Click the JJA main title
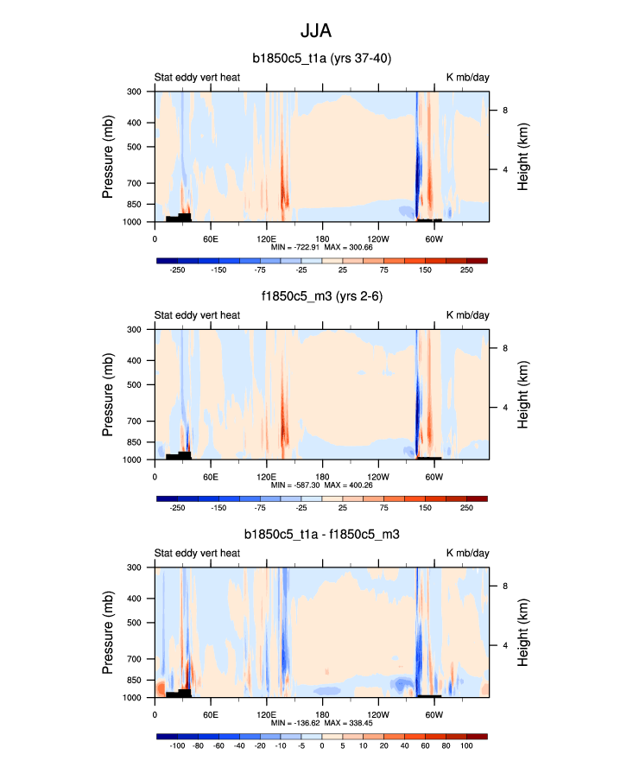click(x=316, y=31)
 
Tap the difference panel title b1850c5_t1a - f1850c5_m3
click(x=321, y=536)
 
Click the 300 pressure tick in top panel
click(x=134, y=92)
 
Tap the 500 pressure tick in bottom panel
click(x=134, y=623)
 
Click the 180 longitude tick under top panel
click(x=322, y=238)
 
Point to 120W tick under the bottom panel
click(x=377, y=714)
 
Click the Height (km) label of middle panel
click(x=523, y=394)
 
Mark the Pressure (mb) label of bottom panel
click(x=108, y=631)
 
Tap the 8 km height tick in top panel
click(x=504, y=110)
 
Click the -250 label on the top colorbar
click(x=177, y=270)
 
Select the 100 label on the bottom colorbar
click(x=466, y=745)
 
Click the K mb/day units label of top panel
click(x=467, y=78)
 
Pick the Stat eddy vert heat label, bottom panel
click(x=197, y=554)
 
